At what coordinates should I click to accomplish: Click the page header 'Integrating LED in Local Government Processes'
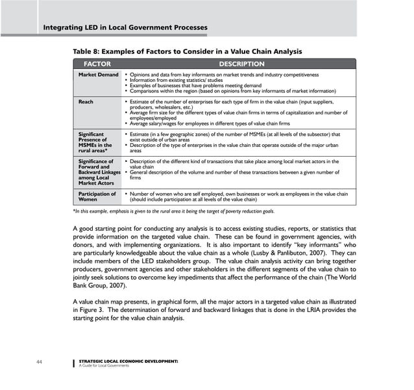point(125,27)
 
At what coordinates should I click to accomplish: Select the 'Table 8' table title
point(187,51)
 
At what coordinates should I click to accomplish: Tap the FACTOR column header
point(97,64)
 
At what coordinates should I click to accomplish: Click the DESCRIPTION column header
point(241,64)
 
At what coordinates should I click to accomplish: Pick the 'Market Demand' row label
point(98,75)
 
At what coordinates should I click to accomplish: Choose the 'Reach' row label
point(86,102)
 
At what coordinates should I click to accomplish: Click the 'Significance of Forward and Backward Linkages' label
point(97,172)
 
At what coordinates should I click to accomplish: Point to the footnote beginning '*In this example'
point(173,212)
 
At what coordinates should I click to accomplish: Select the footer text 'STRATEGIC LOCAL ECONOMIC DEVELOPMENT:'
point(127,360)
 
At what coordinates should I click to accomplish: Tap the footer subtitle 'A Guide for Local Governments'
point(103,365)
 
